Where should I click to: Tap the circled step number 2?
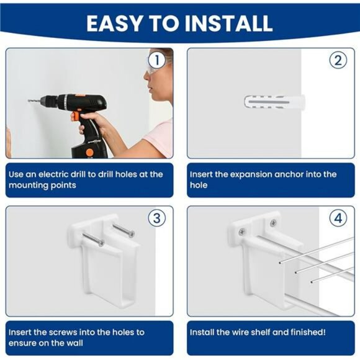click(x=338, y=60)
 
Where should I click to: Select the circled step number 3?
click(x=157, y=218)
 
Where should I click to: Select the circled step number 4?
click(x=338, y=218)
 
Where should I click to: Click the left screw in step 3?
click(x=92, y=239)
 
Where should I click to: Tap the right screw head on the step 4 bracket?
click(x=272, y=222)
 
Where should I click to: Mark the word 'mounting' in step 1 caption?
click(x=29, y=185)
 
